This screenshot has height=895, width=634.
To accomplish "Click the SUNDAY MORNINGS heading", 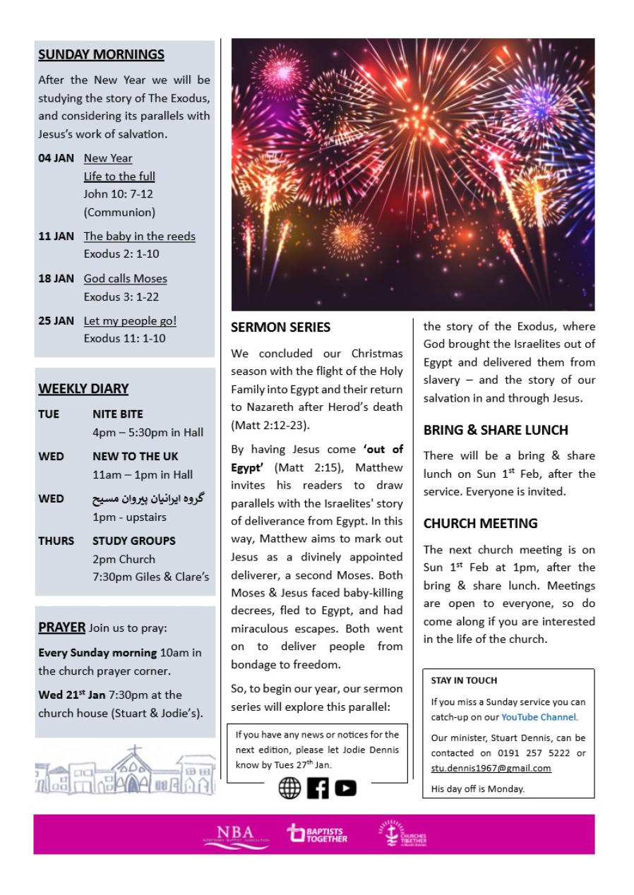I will (x=101, y=54).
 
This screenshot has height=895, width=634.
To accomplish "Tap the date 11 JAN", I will (x=56, y=236).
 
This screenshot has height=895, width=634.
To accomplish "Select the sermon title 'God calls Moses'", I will (x=125, y=279).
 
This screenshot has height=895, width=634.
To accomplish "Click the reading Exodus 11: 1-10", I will (x=124, y=339).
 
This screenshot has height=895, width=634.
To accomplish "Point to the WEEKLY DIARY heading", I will (x=83, y=389).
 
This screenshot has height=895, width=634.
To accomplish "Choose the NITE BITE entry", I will (x=117, y=414).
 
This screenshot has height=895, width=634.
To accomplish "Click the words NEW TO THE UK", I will (x=136, y=457).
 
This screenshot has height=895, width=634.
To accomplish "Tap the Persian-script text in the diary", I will (x=148, y=499).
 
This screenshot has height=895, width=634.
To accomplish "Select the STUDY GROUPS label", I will (x=134, y=541).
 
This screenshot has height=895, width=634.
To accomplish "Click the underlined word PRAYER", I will (x=61, y=627).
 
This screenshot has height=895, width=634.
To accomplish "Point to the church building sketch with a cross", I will (x=134, y=769).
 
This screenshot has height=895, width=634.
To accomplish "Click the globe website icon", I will (x=289, y=788).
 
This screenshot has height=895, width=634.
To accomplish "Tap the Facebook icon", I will (x=318, y=788).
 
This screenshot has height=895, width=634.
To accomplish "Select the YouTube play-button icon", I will (x=345, y=788).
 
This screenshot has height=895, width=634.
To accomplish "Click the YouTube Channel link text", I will (x=539, y=717).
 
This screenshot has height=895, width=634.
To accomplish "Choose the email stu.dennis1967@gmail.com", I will (x=491, y=768).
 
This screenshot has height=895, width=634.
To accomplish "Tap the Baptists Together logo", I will (x=318, y=834).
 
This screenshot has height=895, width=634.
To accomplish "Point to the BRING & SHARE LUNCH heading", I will (x=496, y=430).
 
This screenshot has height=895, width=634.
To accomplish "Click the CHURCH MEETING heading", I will (x=480, y=524).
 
